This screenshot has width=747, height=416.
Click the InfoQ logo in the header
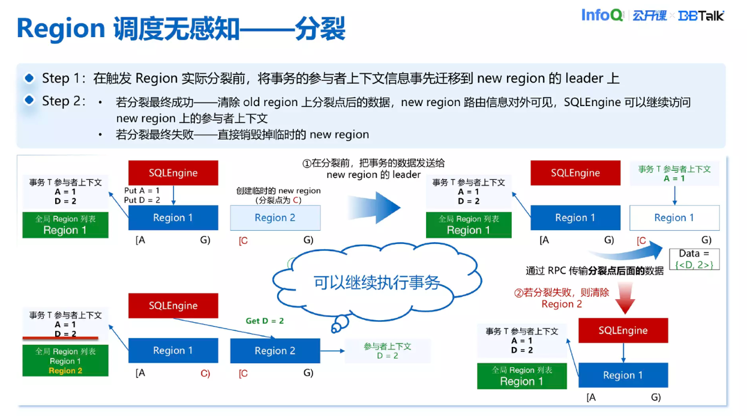point(602,15)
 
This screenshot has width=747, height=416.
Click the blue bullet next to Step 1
point(29,79)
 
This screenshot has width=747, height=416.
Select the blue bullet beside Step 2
point(29,100)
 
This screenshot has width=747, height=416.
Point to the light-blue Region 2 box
point(275,218)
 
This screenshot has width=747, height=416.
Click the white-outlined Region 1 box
point(674,218)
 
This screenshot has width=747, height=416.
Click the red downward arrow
point(625,299)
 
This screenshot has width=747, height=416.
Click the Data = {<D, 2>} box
point(694,258)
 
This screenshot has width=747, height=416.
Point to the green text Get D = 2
point(265,321)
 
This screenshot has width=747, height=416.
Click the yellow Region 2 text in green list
point(65,370)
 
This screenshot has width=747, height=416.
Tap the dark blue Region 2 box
point(275,351)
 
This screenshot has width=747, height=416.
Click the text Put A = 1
point(142,191)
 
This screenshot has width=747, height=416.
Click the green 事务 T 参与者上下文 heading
point(674,170)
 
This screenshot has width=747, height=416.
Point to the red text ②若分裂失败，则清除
point(562,293)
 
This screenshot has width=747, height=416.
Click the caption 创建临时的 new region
point(278,191)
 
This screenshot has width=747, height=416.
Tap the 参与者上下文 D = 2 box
point(387,351)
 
